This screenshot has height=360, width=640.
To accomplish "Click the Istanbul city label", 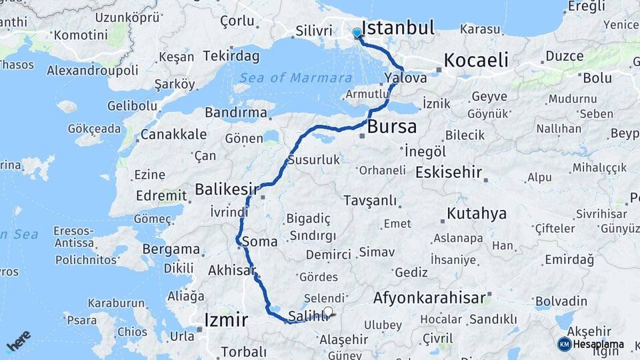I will pos(397,28).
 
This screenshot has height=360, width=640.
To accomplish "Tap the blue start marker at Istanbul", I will pos(357,33).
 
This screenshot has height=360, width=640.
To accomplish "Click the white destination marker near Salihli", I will pos(327,311).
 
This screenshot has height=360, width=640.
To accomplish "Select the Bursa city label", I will pos(392,126).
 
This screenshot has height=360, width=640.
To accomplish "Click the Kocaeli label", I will pos(476,60).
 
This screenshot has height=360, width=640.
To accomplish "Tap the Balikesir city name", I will pos(227,190).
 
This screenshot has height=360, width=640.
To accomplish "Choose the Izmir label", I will pos(226,319).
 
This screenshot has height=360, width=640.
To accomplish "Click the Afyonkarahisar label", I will pos(429,298).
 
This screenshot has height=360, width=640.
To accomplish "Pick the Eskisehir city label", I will pos(448,173).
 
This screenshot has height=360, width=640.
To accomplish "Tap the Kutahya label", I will pos(477,214).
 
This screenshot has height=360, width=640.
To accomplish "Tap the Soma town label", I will pos(260,241).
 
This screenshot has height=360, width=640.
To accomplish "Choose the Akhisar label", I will pos(231,271).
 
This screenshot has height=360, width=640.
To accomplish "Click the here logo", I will pos(19,341).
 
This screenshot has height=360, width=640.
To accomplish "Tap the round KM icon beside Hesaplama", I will pos(564,344).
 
